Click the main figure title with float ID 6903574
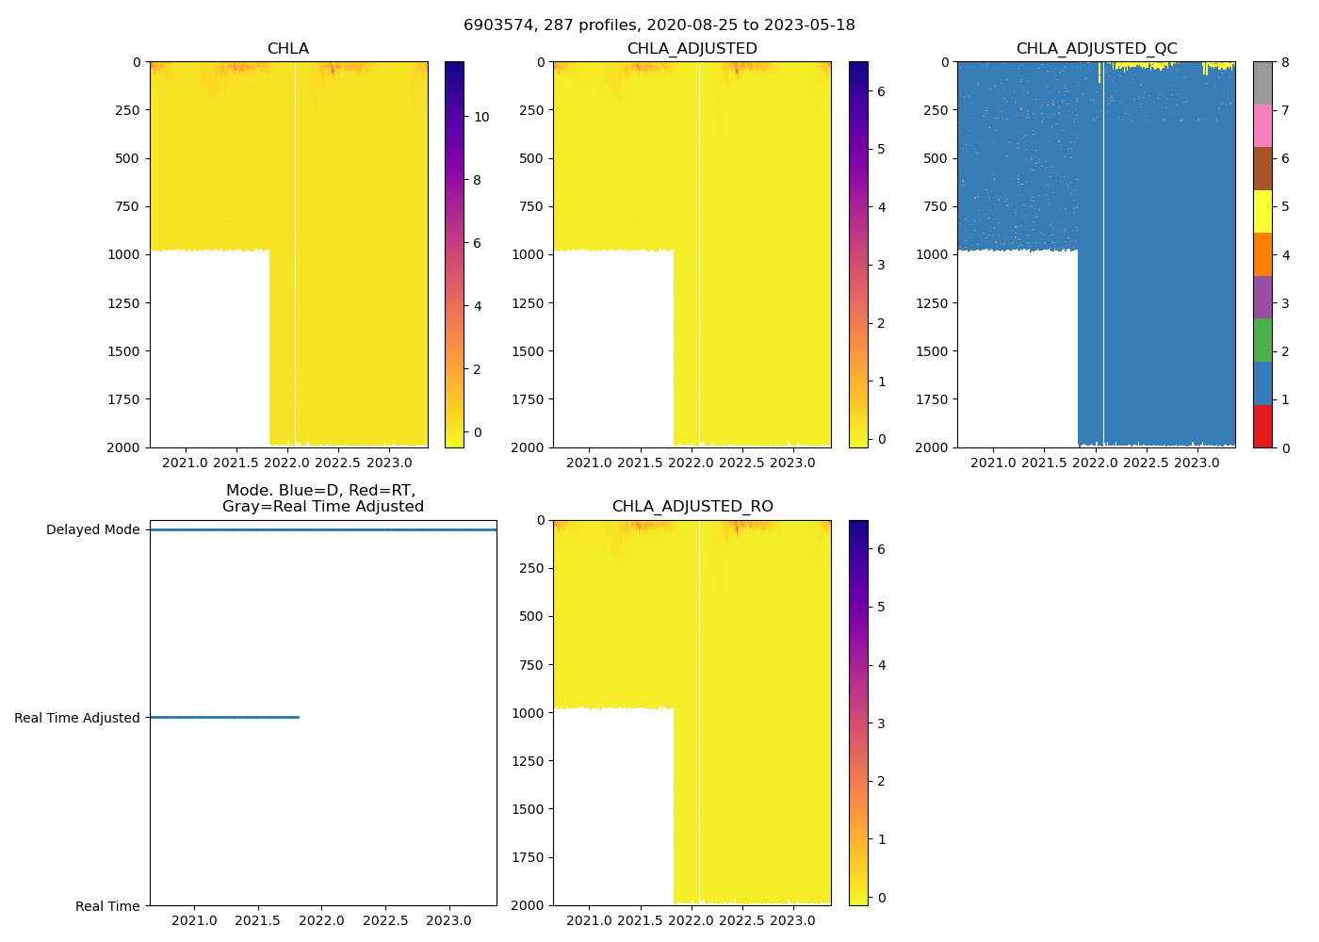(x=659, y=25)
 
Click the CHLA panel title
(x=288, y=49)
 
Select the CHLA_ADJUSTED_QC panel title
(x=1097, y=49)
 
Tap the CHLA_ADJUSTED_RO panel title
(x=692, y=507)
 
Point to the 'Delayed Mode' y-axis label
(x=93, y=529)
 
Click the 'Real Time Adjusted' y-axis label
(x=77, y=718)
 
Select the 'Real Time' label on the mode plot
(x=107, y=906)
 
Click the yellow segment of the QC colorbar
(x=1262, y=212)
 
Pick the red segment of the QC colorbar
(x=1262, y=427)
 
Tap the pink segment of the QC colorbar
(x=1262, y=126)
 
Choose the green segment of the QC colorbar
(x=1262, y=340)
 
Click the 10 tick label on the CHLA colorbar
(x=481, y=118)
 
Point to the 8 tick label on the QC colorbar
(x=1285, y=62)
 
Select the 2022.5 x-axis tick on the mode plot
(x=385, y=920)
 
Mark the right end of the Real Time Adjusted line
(x=299, y=717)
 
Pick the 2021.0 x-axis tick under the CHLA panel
(x=186, y=463)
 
